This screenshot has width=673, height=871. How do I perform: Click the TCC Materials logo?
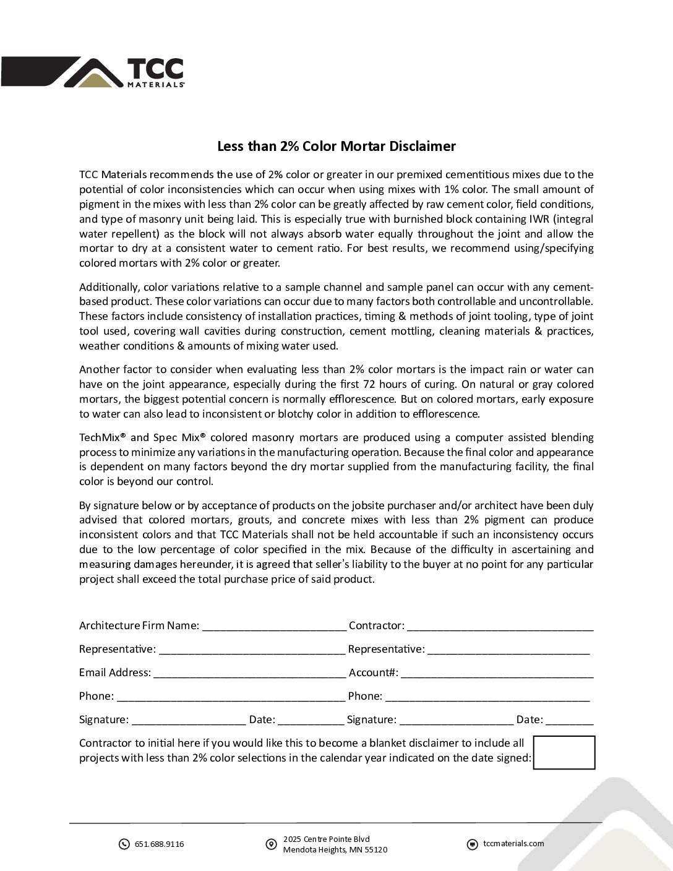(x=93, y=72)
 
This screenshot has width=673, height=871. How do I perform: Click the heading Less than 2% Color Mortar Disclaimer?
(x=336, y=147)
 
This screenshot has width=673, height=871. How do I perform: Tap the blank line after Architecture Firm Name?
(x=274, y=627)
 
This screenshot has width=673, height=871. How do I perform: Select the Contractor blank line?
(x=500, y=627)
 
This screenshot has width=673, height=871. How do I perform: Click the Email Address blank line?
(x=249, y=674)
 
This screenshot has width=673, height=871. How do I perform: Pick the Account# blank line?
(x=497, y=674)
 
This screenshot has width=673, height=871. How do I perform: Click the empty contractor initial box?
(x=564, y=752)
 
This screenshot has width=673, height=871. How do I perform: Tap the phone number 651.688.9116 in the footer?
(x=159, y=844)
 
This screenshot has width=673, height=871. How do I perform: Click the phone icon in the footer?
(x=124, y=844)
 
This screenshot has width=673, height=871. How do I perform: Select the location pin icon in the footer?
(x=271, y=844)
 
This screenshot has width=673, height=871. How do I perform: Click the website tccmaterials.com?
(x=513, y=844)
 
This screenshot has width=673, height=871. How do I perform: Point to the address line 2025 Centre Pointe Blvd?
(x=326, y=839)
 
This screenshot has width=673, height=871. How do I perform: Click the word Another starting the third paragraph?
(x=97, y=369)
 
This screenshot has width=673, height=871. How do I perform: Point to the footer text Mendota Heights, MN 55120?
(x=335, y=850)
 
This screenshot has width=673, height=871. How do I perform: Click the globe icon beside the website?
(x=472, y=844)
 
